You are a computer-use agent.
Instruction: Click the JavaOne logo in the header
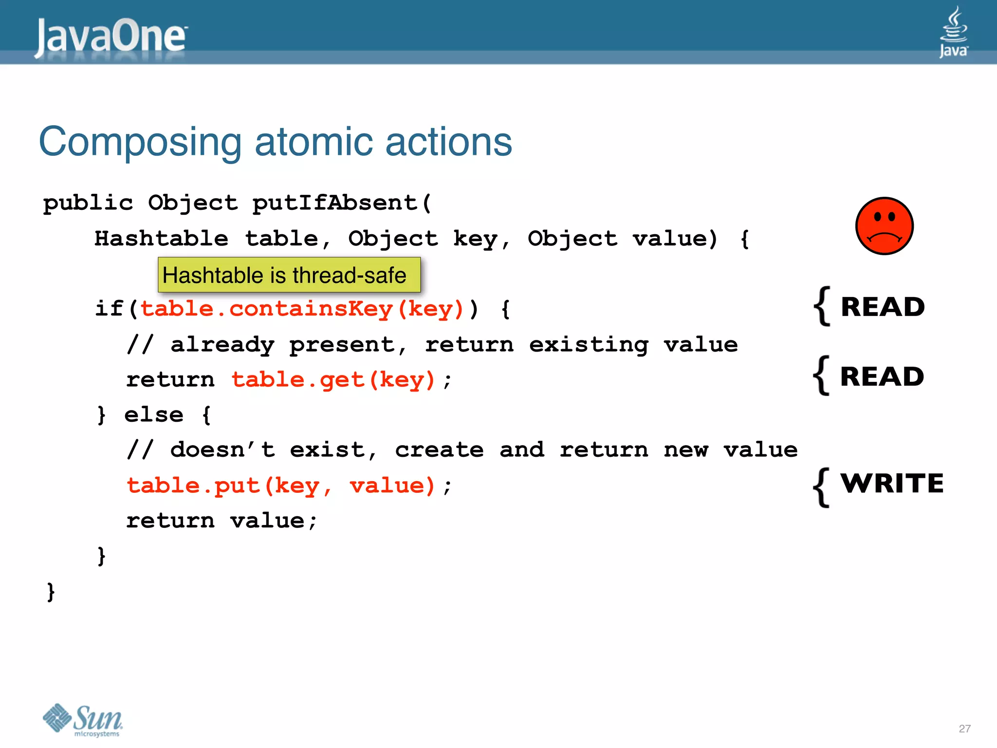click(111, 37)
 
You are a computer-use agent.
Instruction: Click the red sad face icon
click(884, 226)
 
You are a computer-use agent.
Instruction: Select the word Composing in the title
click(140, 142)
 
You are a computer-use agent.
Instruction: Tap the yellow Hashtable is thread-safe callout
click(289, 275)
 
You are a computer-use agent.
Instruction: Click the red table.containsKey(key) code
click(302, 309)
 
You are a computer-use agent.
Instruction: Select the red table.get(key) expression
click(333, 380)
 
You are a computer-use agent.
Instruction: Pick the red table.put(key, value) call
click(281, 486)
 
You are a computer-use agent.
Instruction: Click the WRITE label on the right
click(892, 484)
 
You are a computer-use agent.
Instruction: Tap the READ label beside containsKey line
click(883, 307)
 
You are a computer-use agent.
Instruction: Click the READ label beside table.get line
click(882, 377)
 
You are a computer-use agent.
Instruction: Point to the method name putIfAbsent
click(335, 203)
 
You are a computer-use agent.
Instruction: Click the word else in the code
click(154, 415)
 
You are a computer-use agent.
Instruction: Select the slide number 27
click(964, 729)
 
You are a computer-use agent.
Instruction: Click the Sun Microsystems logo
click(83, 720)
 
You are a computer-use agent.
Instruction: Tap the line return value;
click(222, 521)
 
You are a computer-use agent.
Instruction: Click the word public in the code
click(88, 203)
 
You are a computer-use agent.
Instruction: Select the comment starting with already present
click(432, 345)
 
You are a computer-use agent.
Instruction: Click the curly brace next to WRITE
click(822, 487)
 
